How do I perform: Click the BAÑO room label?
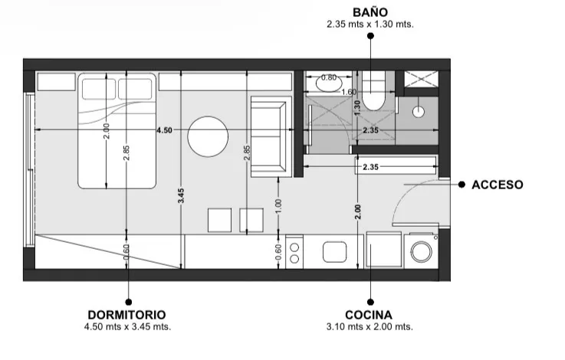[370, 12]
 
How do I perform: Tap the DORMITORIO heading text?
[126, 315]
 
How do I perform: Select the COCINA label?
[369, 315]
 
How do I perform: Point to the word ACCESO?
[498, 185]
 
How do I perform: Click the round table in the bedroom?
[208, 137]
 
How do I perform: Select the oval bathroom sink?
[329, 83]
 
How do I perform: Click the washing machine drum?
[421, 251]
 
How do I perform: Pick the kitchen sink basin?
[335, 252]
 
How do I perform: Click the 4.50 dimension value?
[164, 130]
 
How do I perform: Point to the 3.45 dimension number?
[181, 195]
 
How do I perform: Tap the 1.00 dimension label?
[278, 206]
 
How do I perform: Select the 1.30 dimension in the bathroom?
[357, 108]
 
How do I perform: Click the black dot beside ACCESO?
[462, 185]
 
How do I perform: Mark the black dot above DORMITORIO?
[128, 302]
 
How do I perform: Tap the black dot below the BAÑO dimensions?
[370, 36]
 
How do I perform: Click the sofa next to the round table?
[271, 137]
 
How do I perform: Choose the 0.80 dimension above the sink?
[329, 77]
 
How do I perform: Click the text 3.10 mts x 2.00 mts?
[370, 327]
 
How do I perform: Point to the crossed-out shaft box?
[421, 79]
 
